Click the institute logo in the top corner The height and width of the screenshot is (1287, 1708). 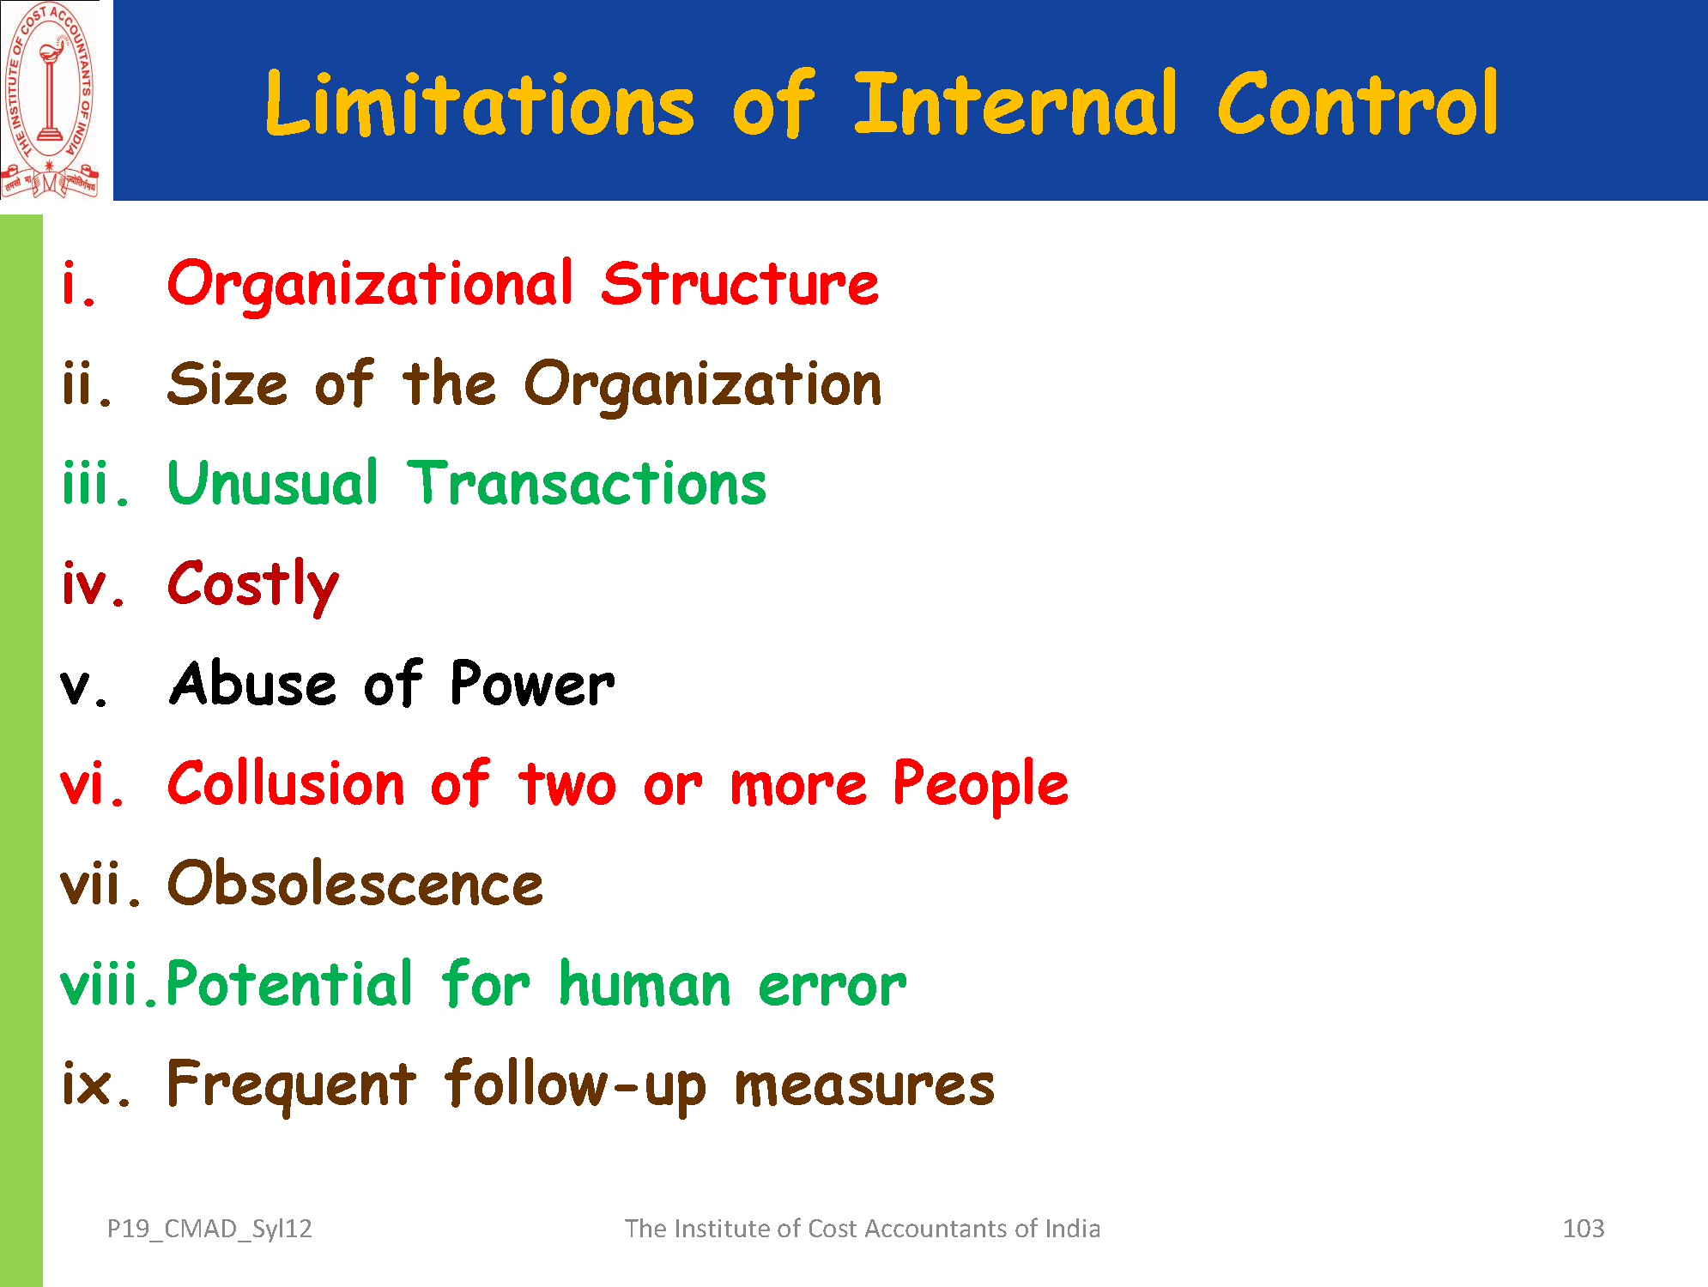[51, 100]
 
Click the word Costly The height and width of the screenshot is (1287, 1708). [253, 586]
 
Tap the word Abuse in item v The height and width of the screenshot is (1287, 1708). [253, 684]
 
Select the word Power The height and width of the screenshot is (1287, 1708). [532, 684]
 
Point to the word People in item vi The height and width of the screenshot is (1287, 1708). [981, 786]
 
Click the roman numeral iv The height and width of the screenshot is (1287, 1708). [94, 583]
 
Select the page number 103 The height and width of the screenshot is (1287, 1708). [1584, 1229]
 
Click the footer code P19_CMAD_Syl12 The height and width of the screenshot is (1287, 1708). [209, 1230]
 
